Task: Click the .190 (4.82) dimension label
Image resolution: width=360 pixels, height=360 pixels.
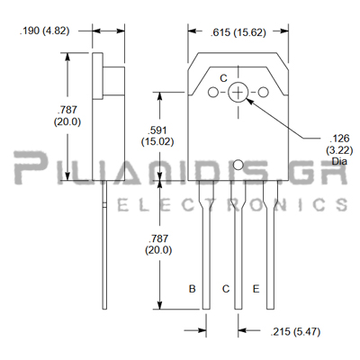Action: pos(44,31)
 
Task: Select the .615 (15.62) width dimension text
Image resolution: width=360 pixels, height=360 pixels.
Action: pos(238,32)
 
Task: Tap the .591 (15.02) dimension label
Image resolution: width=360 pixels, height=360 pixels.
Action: pos(157,136)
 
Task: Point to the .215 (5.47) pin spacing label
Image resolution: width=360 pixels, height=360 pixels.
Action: pos(295,331)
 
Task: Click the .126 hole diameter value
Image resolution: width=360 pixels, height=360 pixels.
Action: pos(339,139)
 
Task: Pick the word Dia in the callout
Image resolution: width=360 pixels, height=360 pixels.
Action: pos(339,161)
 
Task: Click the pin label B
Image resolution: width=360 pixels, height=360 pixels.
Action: pos(193,289)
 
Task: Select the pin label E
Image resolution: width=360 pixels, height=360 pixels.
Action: pos(256,289)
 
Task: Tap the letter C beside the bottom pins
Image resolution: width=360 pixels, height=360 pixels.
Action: pos(226,289)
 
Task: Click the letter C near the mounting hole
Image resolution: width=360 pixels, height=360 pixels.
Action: pos(223,78)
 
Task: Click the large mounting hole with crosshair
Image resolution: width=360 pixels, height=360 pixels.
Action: pos(238,92)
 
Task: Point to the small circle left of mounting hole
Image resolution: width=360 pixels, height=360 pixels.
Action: pos(213,92)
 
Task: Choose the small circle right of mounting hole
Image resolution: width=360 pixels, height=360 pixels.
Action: pos(264,92)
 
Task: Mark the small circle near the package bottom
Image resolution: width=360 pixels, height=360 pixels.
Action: pos(238,165)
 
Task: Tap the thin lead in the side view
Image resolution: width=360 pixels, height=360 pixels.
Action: pos(104,245)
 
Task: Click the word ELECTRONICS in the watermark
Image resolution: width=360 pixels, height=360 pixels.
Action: pos(232,205)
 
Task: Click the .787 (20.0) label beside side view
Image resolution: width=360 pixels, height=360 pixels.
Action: pos(67,116)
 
